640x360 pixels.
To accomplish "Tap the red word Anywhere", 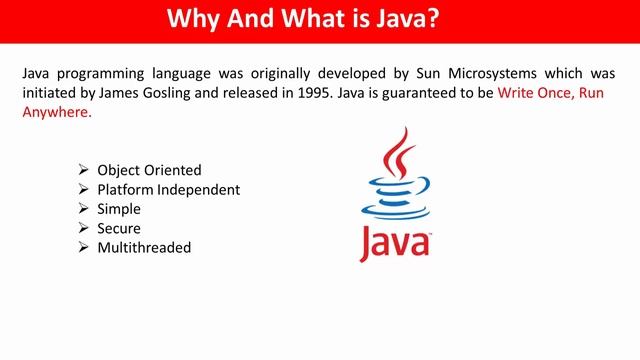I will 56,112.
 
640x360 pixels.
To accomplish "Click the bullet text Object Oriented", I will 149,170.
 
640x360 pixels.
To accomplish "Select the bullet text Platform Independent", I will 169,189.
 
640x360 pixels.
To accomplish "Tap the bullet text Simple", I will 119,209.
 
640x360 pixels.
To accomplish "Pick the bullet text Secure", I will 119,228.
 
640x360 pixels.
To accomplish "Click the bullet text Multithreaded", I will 144,247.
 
